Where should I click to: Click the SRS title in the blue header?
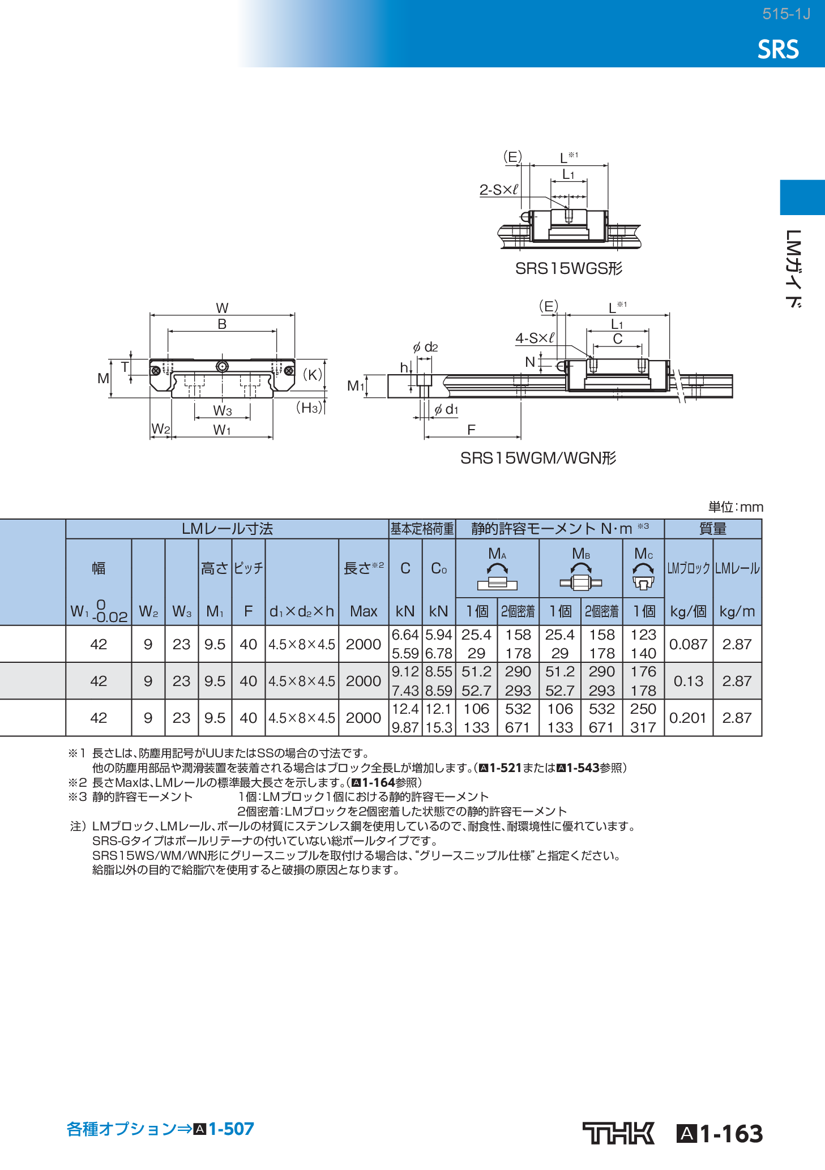pyautogui.click(x=778, y=50)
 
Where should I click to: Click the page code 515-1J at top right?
pyautogui.click(x=786, y=14)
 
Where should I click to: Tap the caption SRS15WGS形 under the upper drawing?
pyautogui.click(x=568, y=268)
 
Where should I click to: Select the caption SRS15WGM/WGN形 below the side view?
pyautogui.click(x=538, y=458)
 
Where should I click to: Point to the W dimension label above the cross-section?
pyautogui.click(x=222, y=308)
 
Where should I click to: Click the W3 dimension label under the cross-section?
pyautogui.click(x=222, y=410)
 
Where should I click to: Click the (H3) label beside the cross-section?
pyautogui.click(x=309, y=408)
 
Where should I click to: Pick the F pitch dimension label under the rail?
pyautogui.click(x=471, y=430)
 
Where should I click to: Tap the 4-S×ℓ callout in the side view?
pyautogui.click(x=535, y=338)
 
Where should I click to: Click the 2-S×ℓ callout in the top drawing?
pyautogui.click(x=499, y=190)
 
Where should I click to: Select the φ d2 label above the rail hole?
pyautogui.click(x=425, y=347)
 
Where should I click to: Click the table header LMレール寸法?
pyautogui.click(x=227, y=529)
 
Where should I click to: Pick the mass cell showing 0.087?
pyautogui.click(x=688, y=644)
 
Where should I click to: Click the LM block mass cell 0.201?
pyautogui.click(x=688, y=718)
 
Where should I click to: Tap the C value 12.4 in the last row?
pyautogui.click(x=405, y=709)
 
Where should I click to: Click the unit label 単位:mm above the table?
pyautogui.click(x=736, y=507)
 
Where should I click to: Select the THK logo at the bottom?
pyautogui.click(x=618, y=1133)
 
